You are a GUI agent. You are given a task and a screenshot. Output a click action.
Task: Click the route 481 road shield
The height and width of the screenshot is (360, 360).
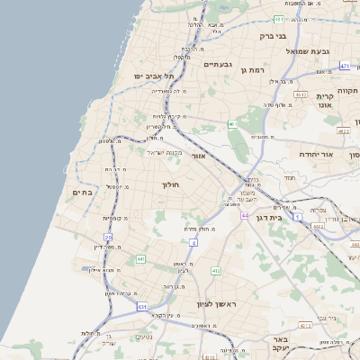[279, 19]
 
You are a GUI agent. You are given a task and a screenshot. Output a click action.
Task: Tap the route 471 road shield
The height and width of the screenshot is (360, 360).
[345, 66]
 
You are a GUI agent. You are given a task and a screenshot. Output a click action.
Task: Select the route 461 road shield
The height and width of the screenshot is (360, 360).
[232, 124]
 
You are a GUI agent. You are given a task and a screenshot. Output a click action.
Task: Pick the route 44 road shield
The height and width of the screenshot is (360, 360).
[245, 216]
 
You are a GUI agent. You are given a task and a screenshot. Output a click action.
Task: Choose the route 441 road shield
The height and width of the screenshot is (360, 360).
[141, 259]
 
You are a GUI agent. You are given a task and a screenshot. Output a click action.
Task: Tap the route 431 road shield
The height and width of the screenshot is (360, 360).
[142, 307]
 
